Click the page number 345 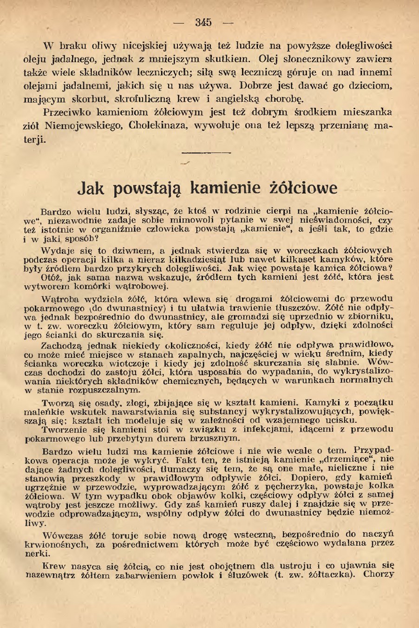(203, 22)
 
